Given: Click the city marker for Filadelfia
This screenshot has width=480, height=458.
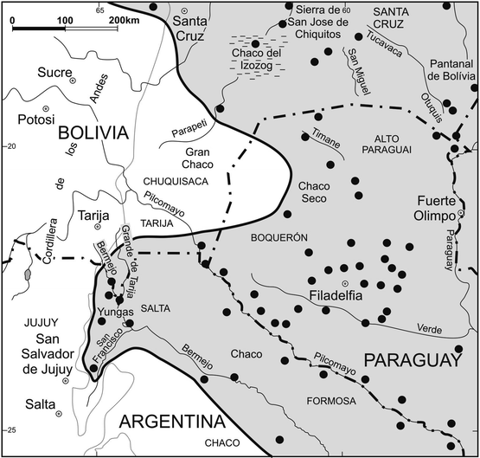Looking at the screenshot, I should (345, 283).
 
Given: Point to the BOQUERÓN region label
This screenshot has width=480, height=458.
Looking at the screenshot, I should (276, 233).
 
